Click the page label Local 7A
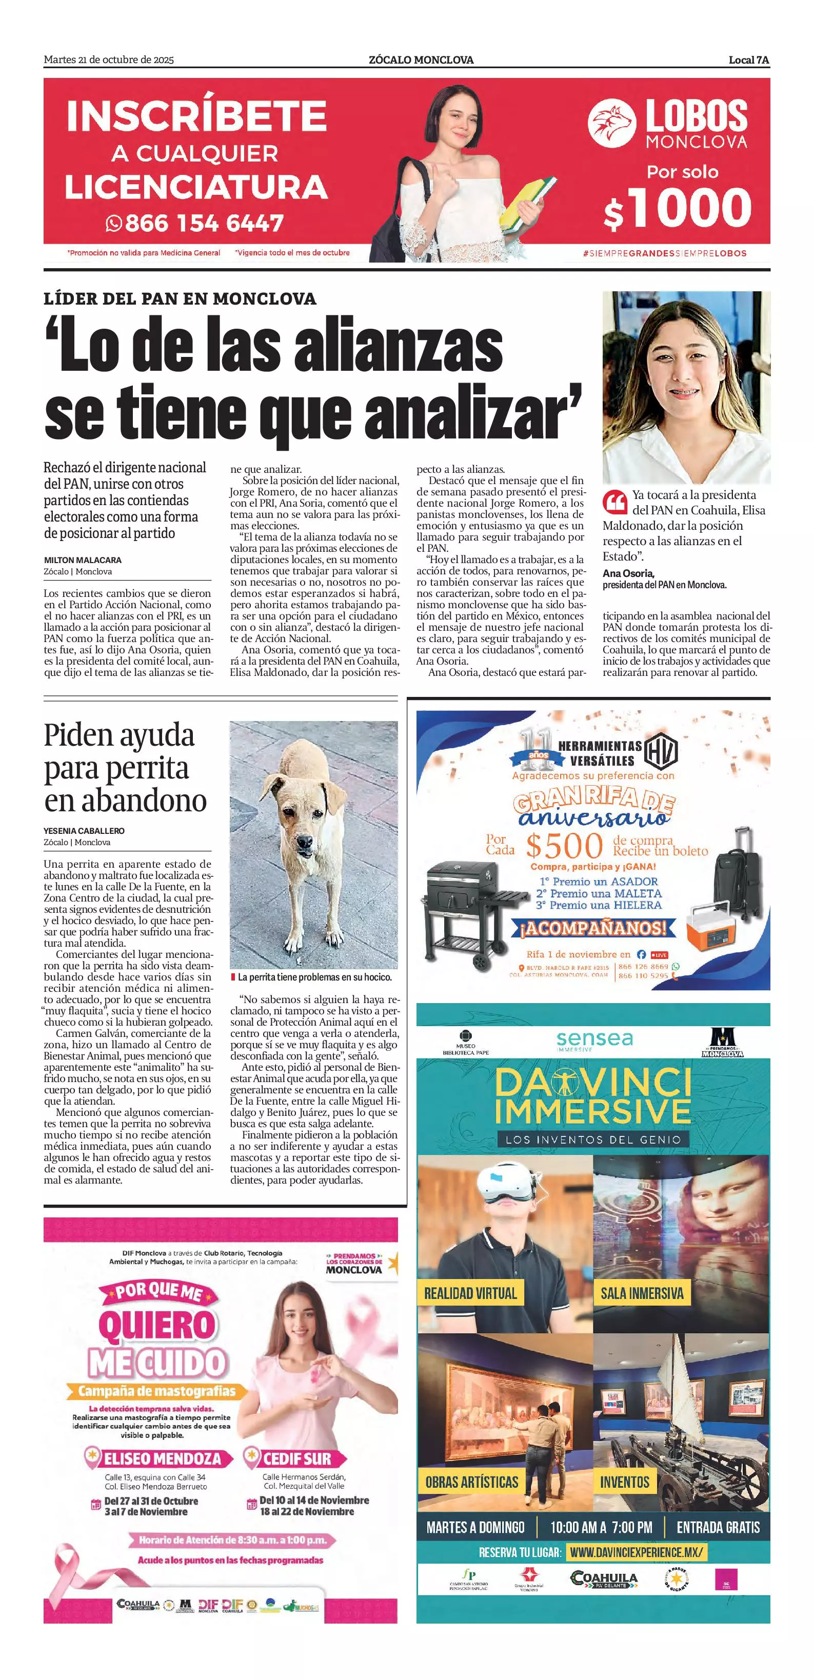pos(749,60)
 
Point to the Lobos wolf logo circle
pos(611,123)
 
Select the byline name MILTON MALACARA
pos(83,560)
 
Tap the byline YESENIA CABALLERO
pos(84,831)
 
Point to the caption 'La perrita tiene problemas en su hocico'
pos(314,977)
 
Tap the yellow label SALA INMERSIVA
pos(642,1293)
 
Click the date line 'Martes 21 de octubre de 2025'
pos(109,60)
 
